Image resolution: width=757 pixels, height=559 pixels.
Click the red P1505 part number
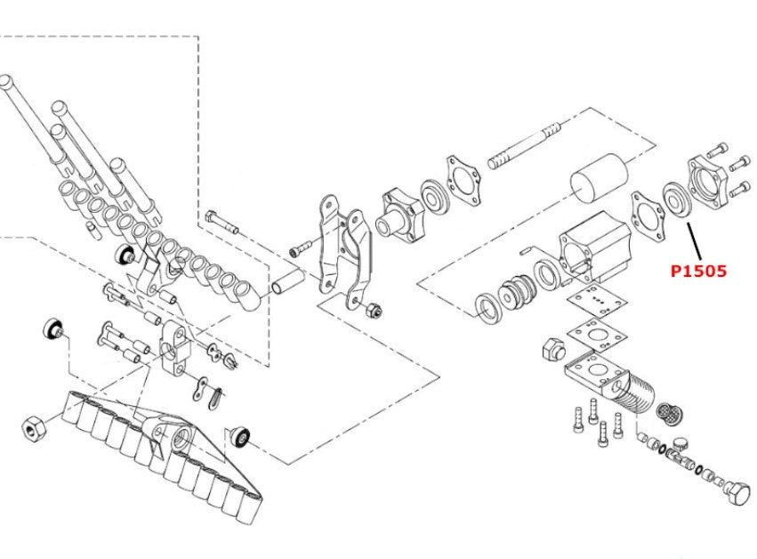(x=698, y=270)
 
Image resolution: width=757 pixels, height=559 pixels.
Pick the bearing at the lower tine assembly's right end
(x=241, y=436)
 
